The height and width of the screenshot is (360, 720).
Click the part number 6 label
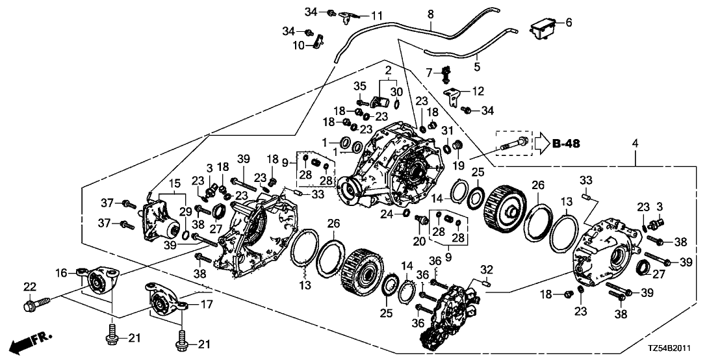[569, 23]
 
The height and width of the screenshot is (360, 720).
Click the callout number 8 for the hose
[430, 13]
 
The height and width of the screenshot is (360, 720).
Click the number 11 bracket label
[376, 15]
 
